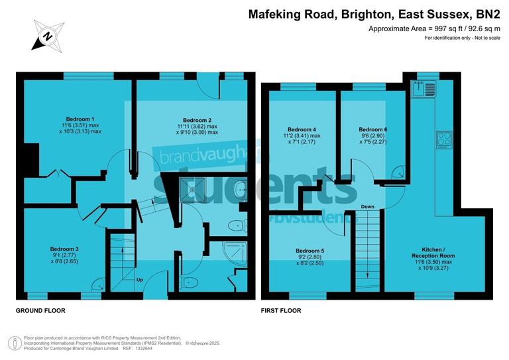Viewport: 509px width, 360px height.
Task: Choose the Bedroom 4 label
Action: coord(302,129)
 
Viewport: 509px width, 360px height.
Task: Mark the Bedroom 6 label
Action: coord(372,129)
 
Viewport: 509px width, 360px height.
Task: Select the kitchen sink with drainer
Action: coord(422,87)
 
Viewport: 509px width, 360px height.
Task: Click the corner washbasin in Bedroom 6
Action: coord(398,172)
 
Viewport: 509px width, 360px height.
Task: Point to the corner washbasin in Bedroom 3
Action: coord(96,283)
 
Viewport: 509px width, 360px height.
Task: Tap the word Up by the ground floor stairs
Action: coord(139,280)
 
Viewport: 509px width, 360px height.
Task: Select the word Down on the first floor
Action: coord(367,207)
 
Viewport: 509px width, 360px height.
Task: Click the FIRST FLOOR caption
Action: coord(281,310)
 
